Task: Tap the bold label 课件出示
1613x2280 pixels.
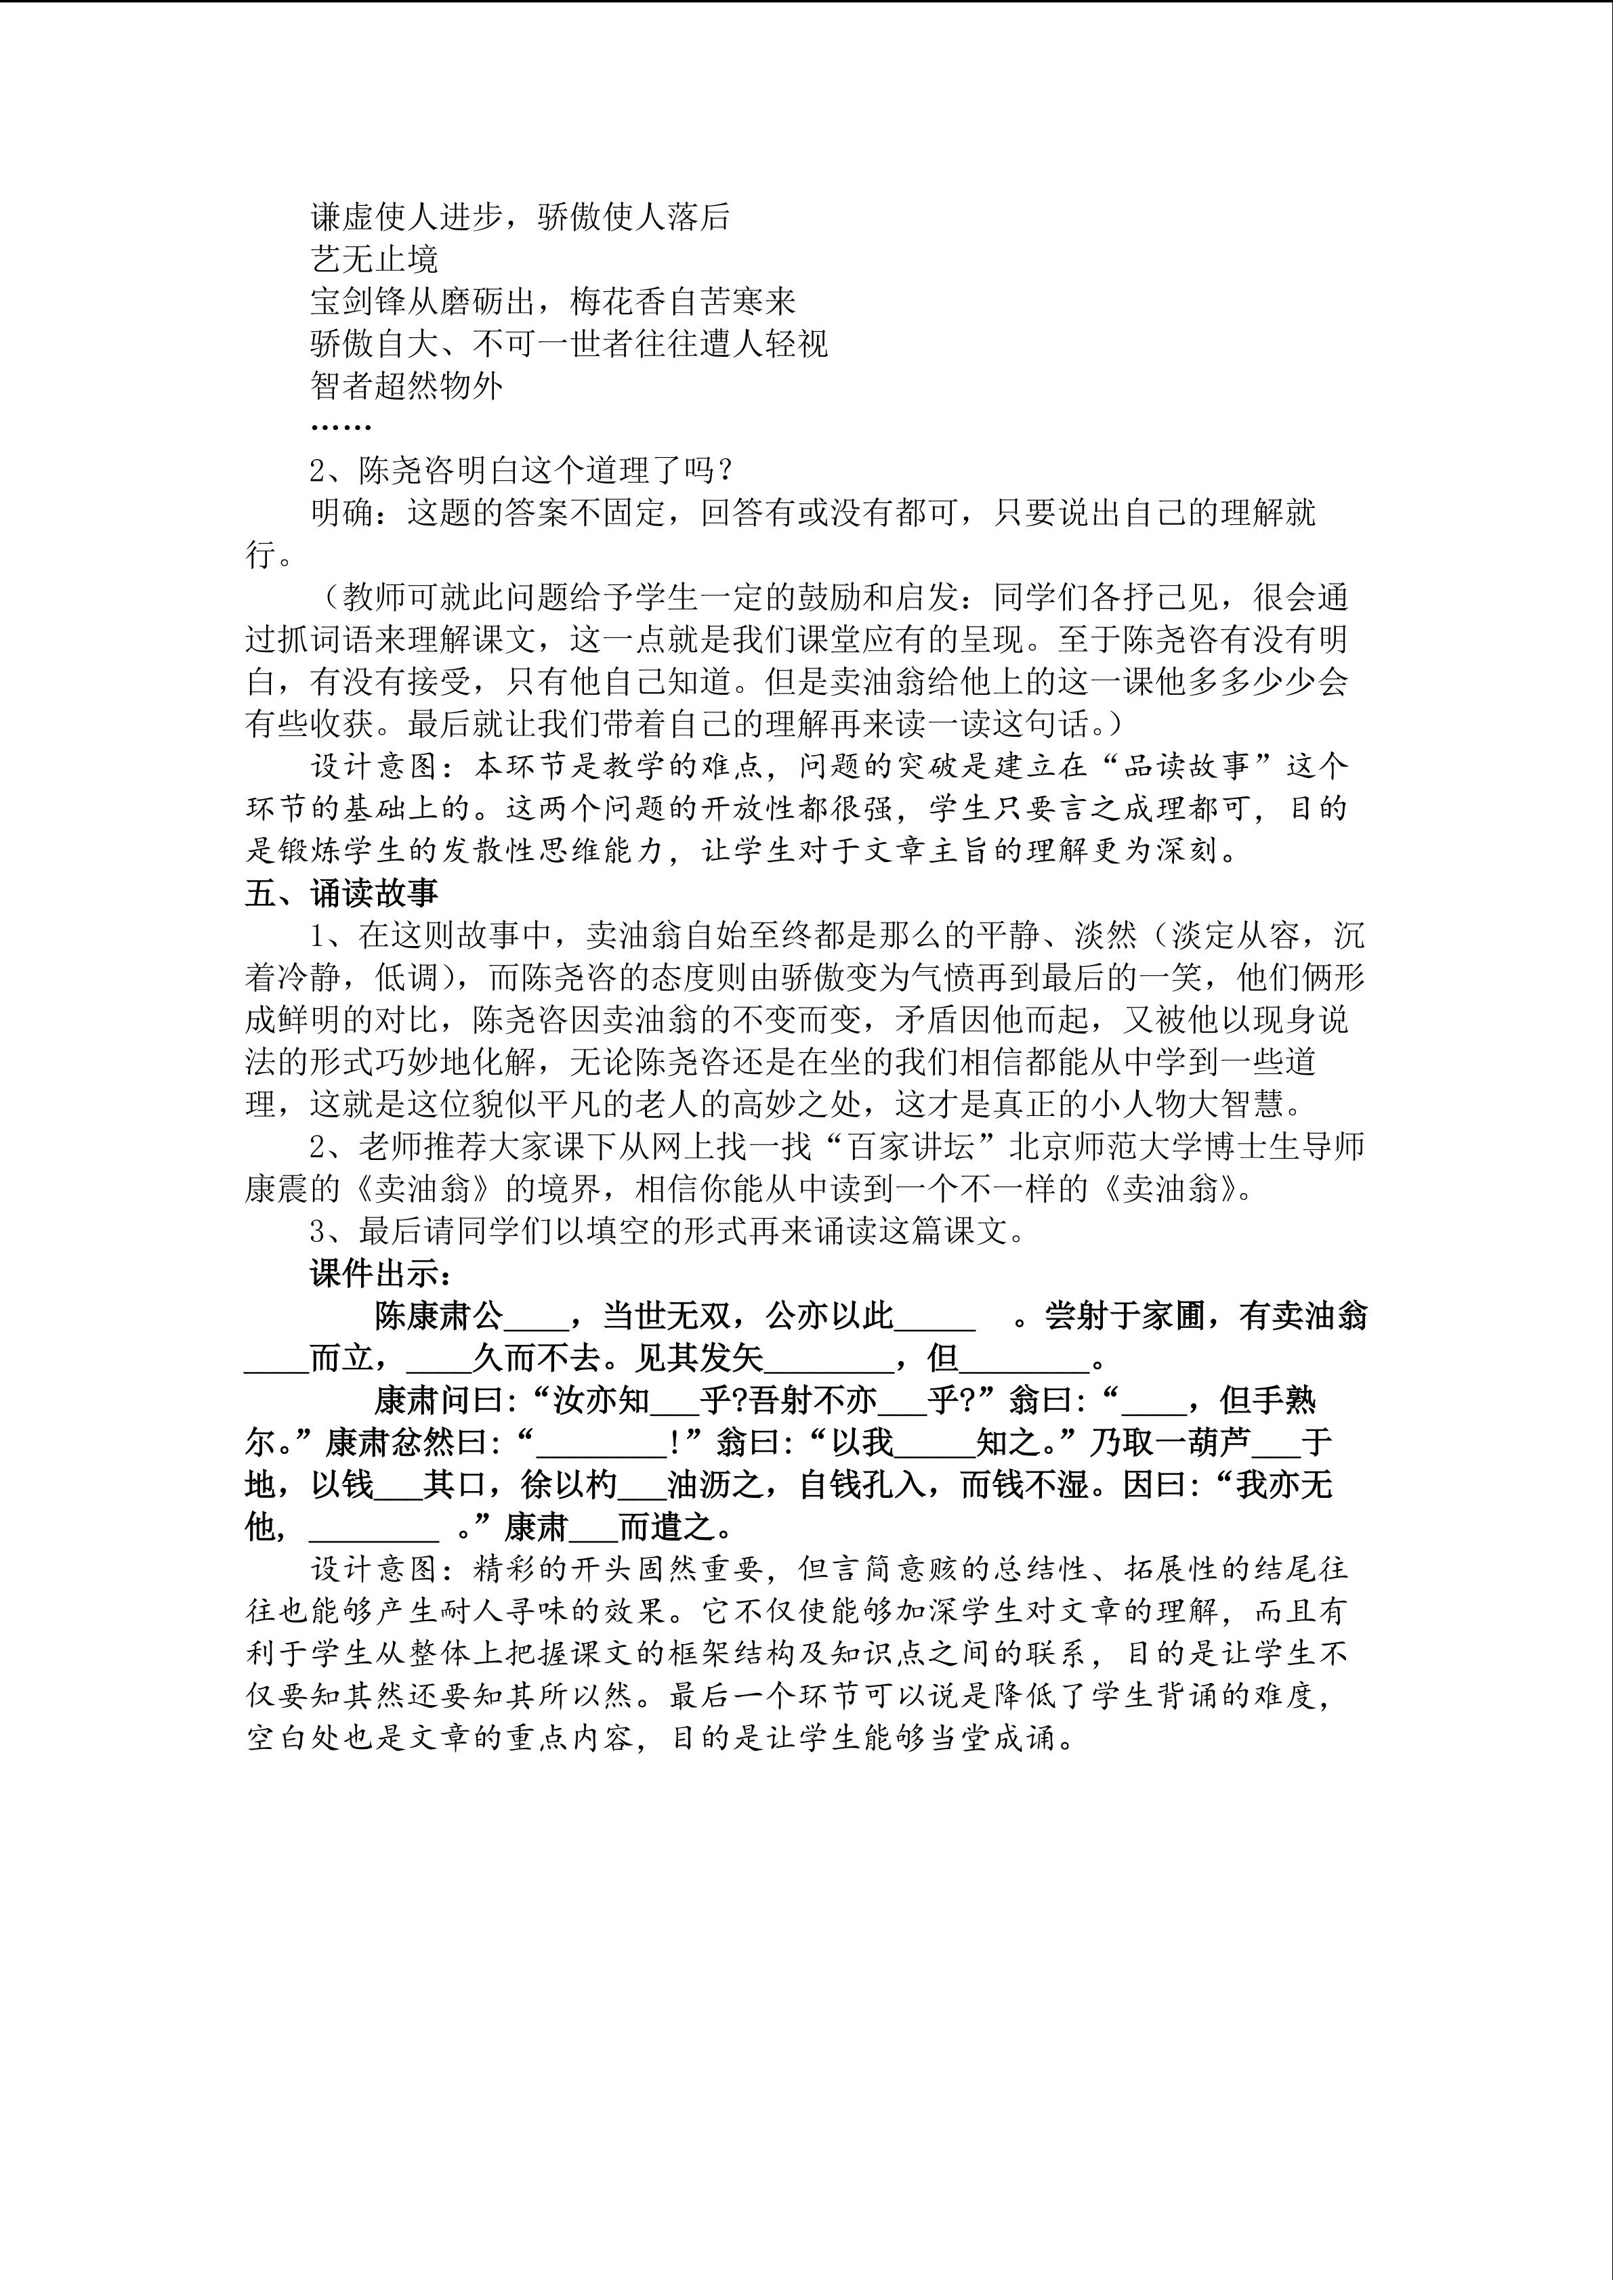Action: click(381, 1274)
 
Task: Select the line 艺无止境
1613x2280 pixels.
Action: click(373, 259)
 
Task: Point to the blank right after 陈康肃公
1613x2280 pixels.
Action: click(535, 1318)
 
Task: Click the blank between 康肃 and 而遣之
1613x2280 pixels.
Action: click(593, 1527)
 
